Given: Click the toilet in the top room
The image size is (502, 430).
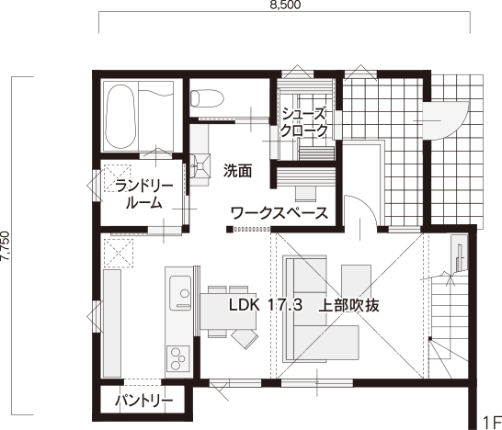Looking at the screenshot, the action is point(207,98).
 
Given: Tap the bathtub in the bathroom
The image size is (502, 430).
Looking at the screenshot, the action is point(120,117).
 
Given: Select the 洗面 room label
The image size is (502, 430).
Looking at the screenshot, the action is point(237,171).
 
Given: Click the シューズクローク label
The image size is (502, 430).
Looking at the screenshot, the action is point(303,122).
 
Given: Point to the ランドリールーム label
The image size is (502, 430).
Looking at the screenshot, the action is point(144,195).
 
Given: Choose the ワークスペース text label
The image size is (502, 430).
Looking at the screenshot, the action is point(280,213).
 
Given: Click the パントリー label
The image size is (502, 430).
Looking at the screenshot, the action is point(144,401).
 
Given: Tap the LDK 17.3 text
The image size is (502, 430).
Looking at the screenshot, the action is point(266,305).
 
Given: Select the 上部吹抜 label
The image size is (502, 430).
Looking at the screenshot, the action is point(348,305).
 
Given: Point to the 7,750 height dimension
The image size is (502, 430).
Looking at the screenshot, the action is point(6,245).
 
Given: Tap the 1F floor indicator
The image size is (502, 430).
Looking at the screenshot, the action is point(492,423).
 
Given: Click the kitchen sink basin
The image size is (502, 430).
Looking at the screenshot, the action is point(180,293).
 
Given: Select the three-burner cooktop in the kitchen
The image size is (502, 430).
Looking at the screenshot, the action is point(177,358).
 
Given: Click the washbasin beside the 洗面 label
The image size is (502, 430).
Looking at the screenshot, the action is point(200,165).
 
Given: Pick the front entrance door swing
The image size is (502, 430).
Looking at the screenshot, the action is point(446,120).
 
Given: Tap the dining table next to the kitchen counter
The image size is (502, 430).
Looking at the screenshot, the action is point(228,311).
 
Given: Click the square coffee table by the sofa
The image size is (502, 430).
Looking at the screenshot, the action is point(357,278).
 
